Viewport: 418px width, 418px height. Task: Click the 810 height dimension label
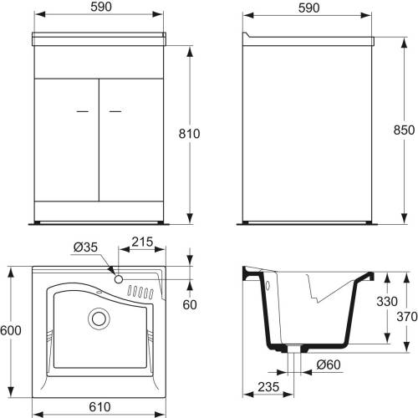click(189, 134)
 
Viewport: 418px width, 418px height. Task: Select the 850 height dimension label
click(404, 130)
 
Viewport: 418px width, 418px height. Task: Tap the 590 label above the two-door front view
click(101, 7)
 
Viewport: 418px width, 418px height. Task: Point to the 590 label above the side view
click(308, 8)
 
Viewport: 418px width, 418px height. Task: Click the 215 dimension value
click(142, 242)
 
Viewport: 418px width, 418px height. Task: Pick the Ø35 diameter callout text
click(85, 247)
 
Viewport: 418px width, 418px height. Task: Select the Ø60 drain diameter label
click(329, 364)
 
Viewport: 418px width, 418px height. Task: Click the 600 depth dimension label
click(11, 330)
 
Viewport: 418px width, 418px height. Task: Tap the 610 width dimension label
click(99, 407)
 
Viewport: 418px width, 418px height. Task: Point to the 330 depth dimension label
click(387, 301)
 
